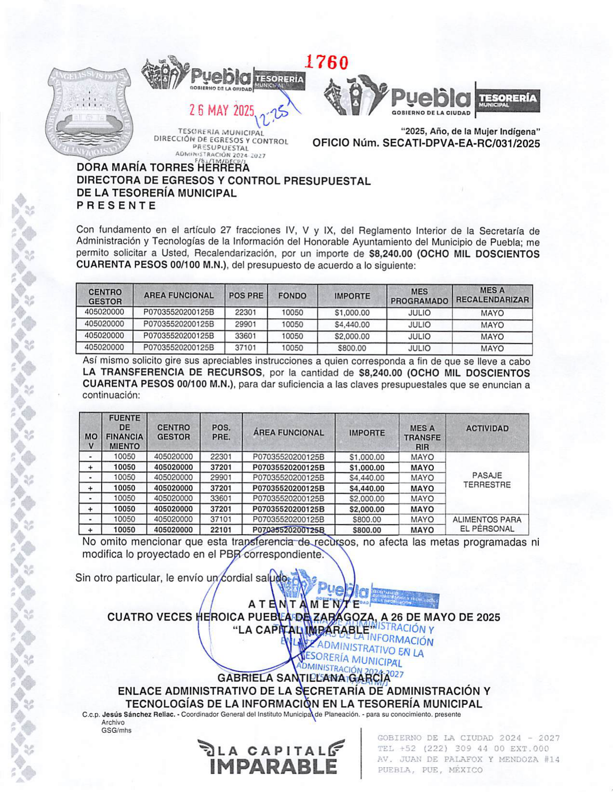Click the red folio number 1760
(x=327, y=63)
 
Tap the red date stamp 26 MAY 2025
(x=222, y=111)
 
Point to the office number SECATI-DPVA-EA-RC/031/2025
(x=426, y=143)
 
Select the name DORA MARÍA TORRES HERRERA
(x=163, y=168)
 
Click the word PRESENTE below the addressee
(x=117, y=206)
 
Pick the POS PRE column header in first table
(x=246, y=296)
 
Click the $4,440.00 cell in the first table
(x=352, y=325)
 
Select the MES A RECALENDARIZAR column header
(x=492, y=295)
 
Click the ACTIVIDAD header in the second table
(x=487, y=428)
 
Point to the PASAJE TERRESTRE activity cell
(x=487, y=480)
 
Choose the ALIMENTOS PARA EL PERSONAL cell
(x=487, y=524)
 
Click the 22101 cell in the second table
(x=221, y=530)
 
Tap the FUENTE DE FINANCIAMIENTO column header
(x=124, y=432)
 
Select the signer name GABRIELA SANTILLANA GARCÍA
(x=304, y=678)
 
